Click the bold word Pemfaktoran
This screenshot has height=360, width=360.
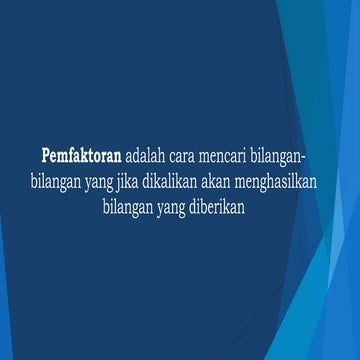coord(81,157)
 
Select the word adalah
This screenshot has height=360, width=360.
coord(147,157)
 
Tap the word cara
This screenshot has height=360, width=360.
coord(190,157)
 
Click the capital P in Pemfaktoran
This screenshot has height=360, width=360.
coord(46,157)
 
